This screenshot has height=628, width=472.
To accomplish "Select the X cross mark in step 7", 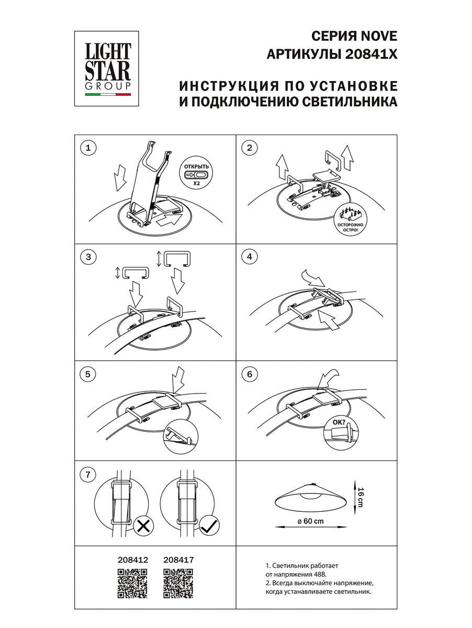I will pyautogui.click(x=142, y=526).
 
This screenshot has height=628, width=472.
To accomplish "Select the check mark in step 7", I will pyautogui.click(x=208, y=526).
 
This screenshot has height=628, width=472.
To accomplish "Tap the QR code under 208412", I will pyautogui.click(x=132, y=582).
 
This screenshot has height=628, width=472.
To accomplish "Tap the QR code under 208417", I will pyautogui.click(x=178, y=582).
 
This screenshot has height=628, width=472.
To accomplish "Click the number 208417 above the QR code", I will pyautogui.click(x=179, y=559).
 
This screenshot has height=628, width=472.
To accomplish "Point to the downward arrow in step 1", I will pyautogui.click(x=121, y=177).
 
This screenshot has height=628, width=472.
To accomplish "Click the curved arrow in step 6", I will pyautogui.click(x=329, y=377).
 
